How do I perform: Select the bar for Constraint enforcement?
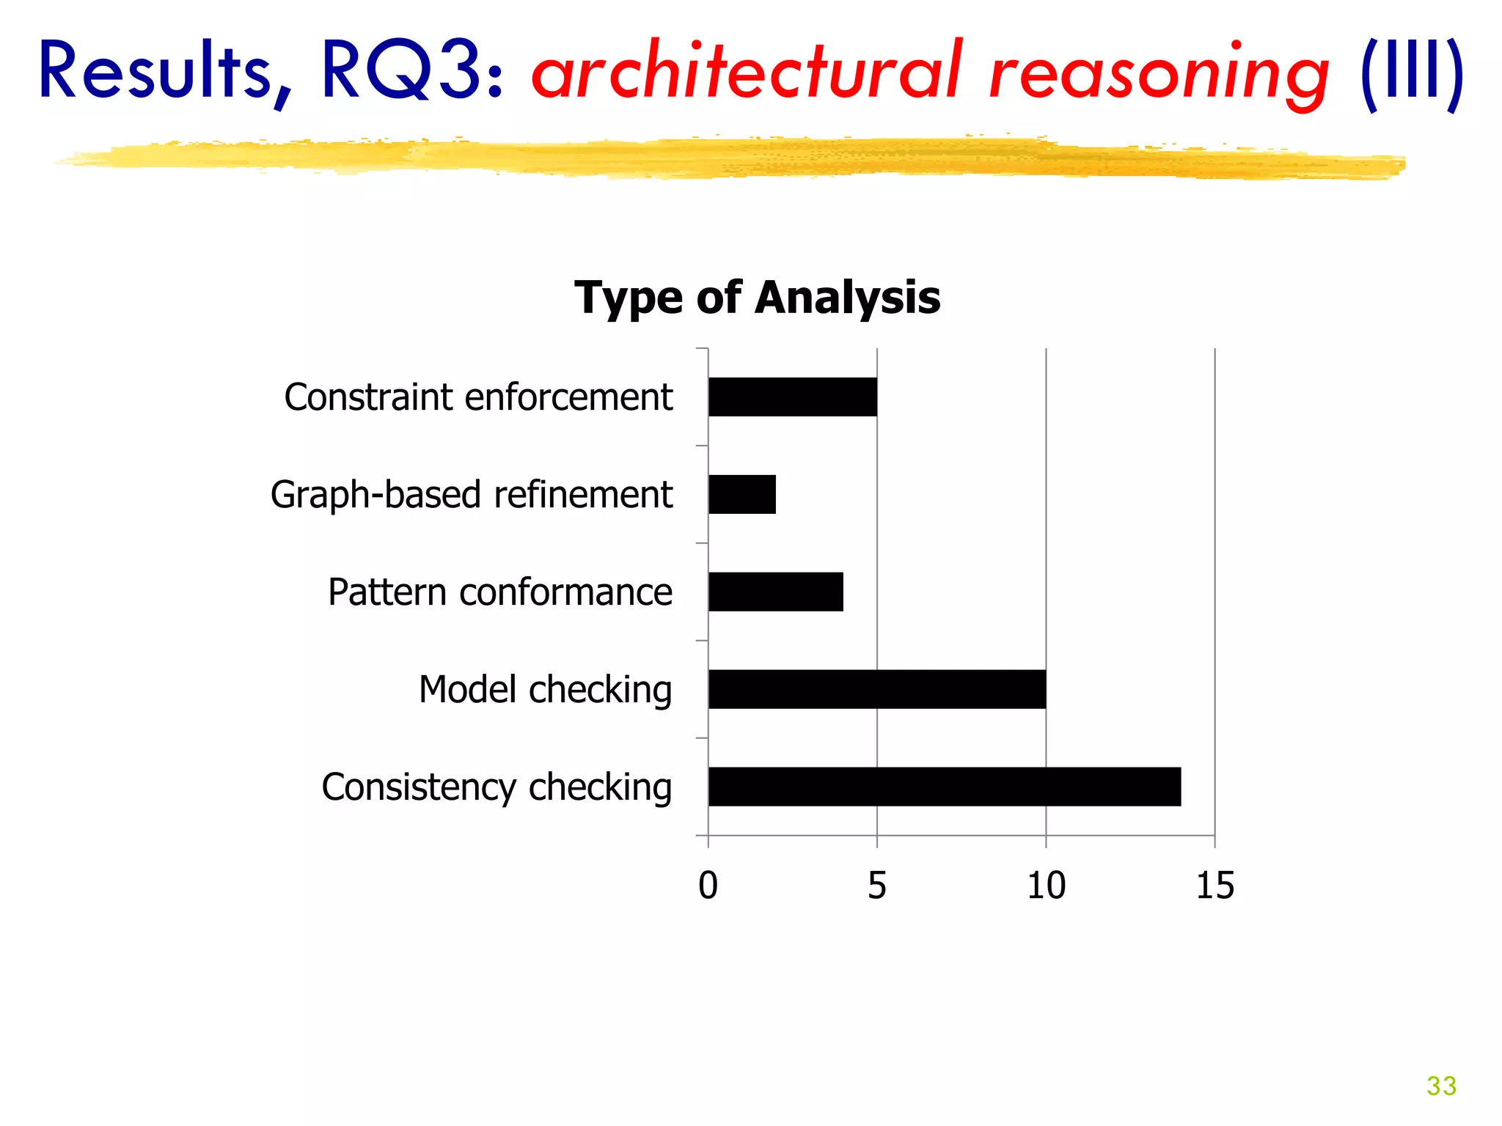click(x=792, y=397)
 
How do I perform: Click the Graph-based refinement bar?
click(x=741, y=494)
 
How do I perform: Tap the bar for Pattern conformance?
click(x=775, y=592)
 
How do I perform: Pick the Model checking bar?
click(x=876, y=689)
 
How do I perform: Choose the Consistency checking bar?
click(x=944, y=787)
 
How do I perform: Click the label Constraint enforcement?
click(x=478, y=397)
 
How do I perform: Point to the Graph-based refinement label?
click(x=472, y=495)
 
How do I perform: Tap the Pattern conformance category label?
click(x=499, y=592)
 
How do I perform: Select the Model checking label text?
click(x=545, y=690)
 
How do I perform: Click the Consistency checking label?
click(x=497, y=787)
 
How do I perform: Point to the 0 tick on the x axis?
click(x=708, y=886)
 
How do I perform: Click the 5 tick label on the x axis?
click(x=877, y=886)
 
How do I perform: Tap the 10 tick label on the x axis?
click(x=1046, y=886)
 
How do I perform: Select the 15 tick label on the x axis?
click(x=1215, y=886)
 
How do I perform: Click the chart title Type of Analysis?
click(x=757, y=298)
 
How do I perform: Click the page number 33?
click(x=1441, y=1086)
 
